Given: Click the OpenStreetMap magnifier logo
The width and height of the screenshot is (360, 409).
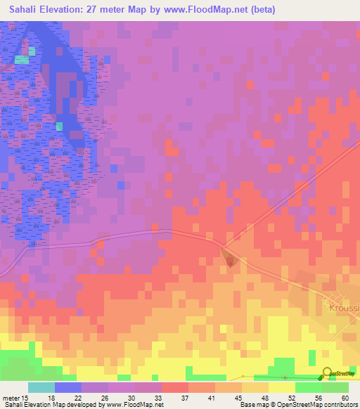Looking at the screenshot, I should (x=328, y=373).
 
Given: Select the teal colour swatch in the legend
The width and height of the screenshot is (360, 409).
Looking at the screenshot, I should (x=41, y=387).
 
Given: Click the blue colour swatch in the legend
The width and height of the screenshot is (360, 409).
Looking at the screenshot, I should (x=68, y=387).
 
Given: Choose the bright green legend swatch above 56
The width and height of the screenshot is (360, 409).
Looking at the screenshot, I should (x=308, y=387).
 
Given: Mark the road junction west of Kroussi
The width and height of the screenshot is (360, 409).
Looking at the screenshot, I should (x=221, y=245).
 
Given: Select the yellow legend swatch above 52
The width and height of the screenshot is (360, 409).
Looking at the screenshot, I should (x=281, y=387).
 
